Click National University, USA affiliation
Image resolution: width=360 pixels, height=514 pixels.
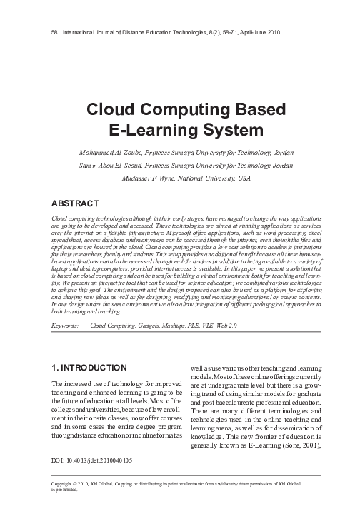coord(221,177)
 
